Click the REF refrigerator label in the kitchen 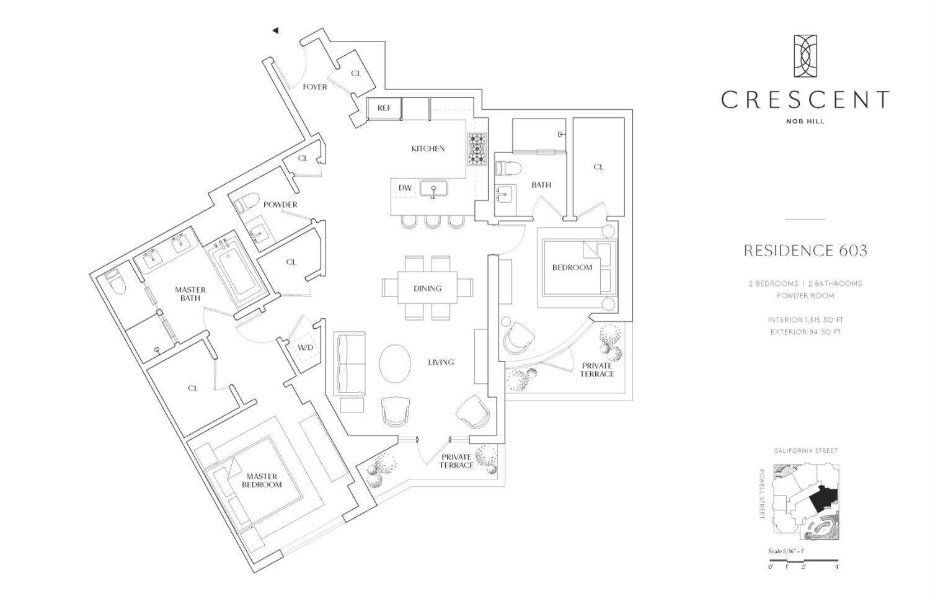click(x=384, y=108)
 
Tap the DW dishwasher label click(x=405, y=188)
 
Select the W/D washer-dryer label click(x=305, y=347)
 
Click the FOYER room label click(x=315, y=87)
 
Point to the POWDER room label click(x=280, y=205)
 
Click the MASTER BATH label click(x=190, y=294)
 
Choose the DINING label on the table click(x=427, y=288)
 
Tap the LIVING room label click(x=441, y=362)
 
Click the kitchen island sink click(x=434, y=188)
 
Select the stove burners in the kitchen click(x=477, y=149)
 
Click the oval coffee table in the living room click(x=394, y=364)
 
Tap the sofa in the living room click(x=349, y=364)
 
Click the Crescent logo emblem click(x=805, y=56)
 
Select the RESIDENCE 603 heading click(x=805, y=251)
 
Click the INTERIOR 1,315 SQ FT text click(x=805, y=320)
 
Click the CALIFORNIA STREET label click(x=805, y=451)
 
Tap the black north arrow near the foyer click(x=275, y=30)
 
